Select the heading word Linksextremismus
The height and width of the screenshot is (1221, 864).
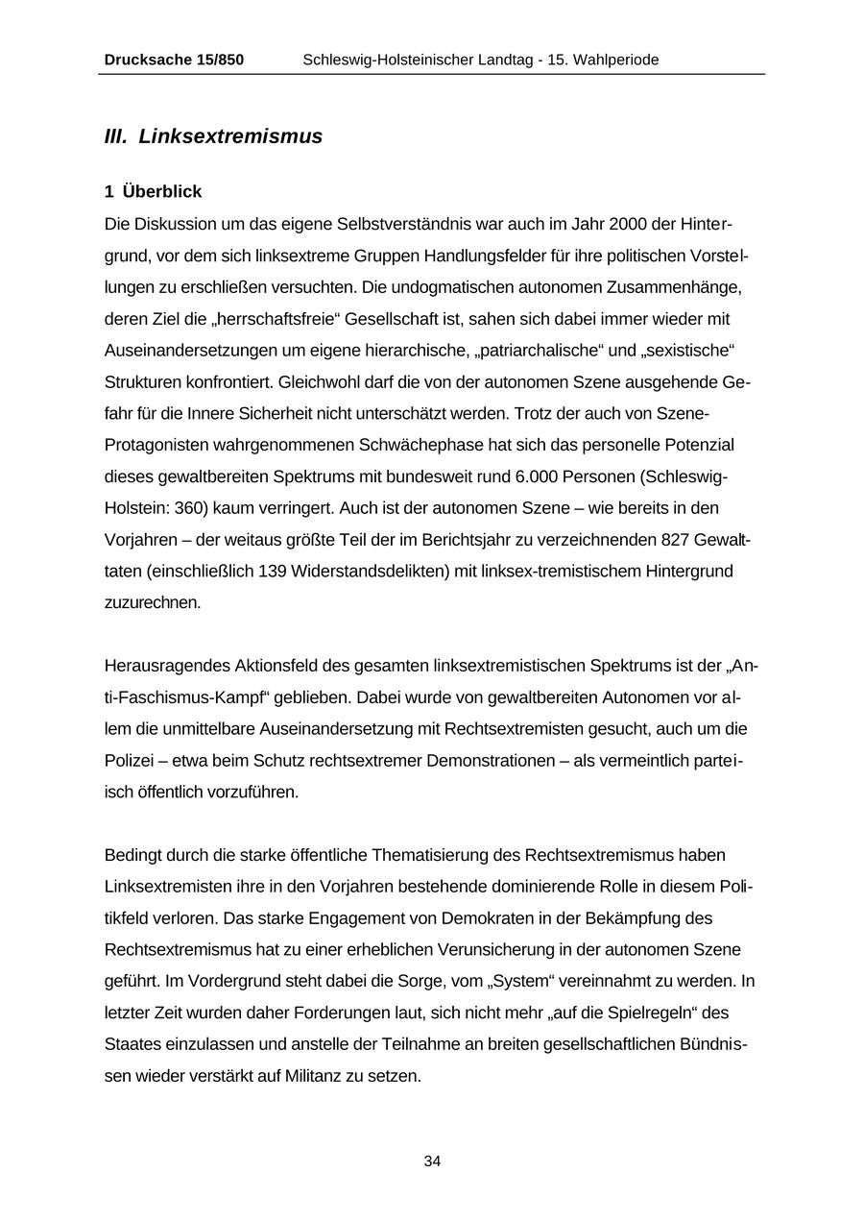[x=230, y=136]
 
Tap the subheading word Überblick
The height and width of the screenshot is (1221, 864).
[x=162, y=192]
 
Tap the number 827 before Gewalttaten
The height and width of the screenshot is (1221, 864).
[x=681, y=540]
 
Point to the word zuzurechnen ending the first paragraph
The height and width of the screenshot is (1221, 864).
[x=153, y=603]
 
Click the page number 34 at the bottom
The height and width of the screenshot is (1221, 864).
[x=432, y=1161]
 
